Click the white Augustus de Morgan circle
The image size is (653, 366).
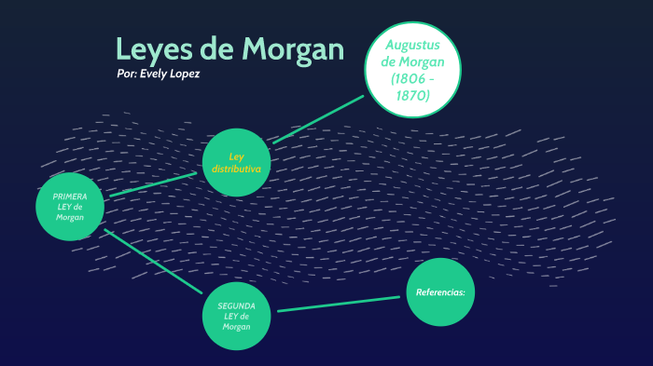[411, 70]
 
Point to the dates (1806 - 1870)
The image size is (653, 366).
[411, 87]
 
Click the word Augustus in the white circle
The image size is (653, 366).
[412, 45]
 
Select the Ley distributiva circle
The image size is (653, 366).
[236, 162]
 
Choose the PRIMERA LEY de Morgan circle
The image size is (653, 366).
[70, 207]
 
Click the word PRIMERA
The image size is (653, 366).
[70, 197]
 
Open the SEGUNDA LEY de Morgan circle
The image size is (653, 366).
[237, 316]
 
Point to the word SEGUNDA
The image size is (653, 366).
[237, 305]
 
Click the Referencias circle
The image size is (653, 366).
[440, 292]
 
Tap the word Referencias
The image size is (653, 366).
[440, 292]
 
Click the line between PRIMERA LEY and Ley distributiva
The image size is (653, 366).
[154, 183]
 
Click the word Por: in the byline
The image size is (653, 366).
[127, 74]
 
